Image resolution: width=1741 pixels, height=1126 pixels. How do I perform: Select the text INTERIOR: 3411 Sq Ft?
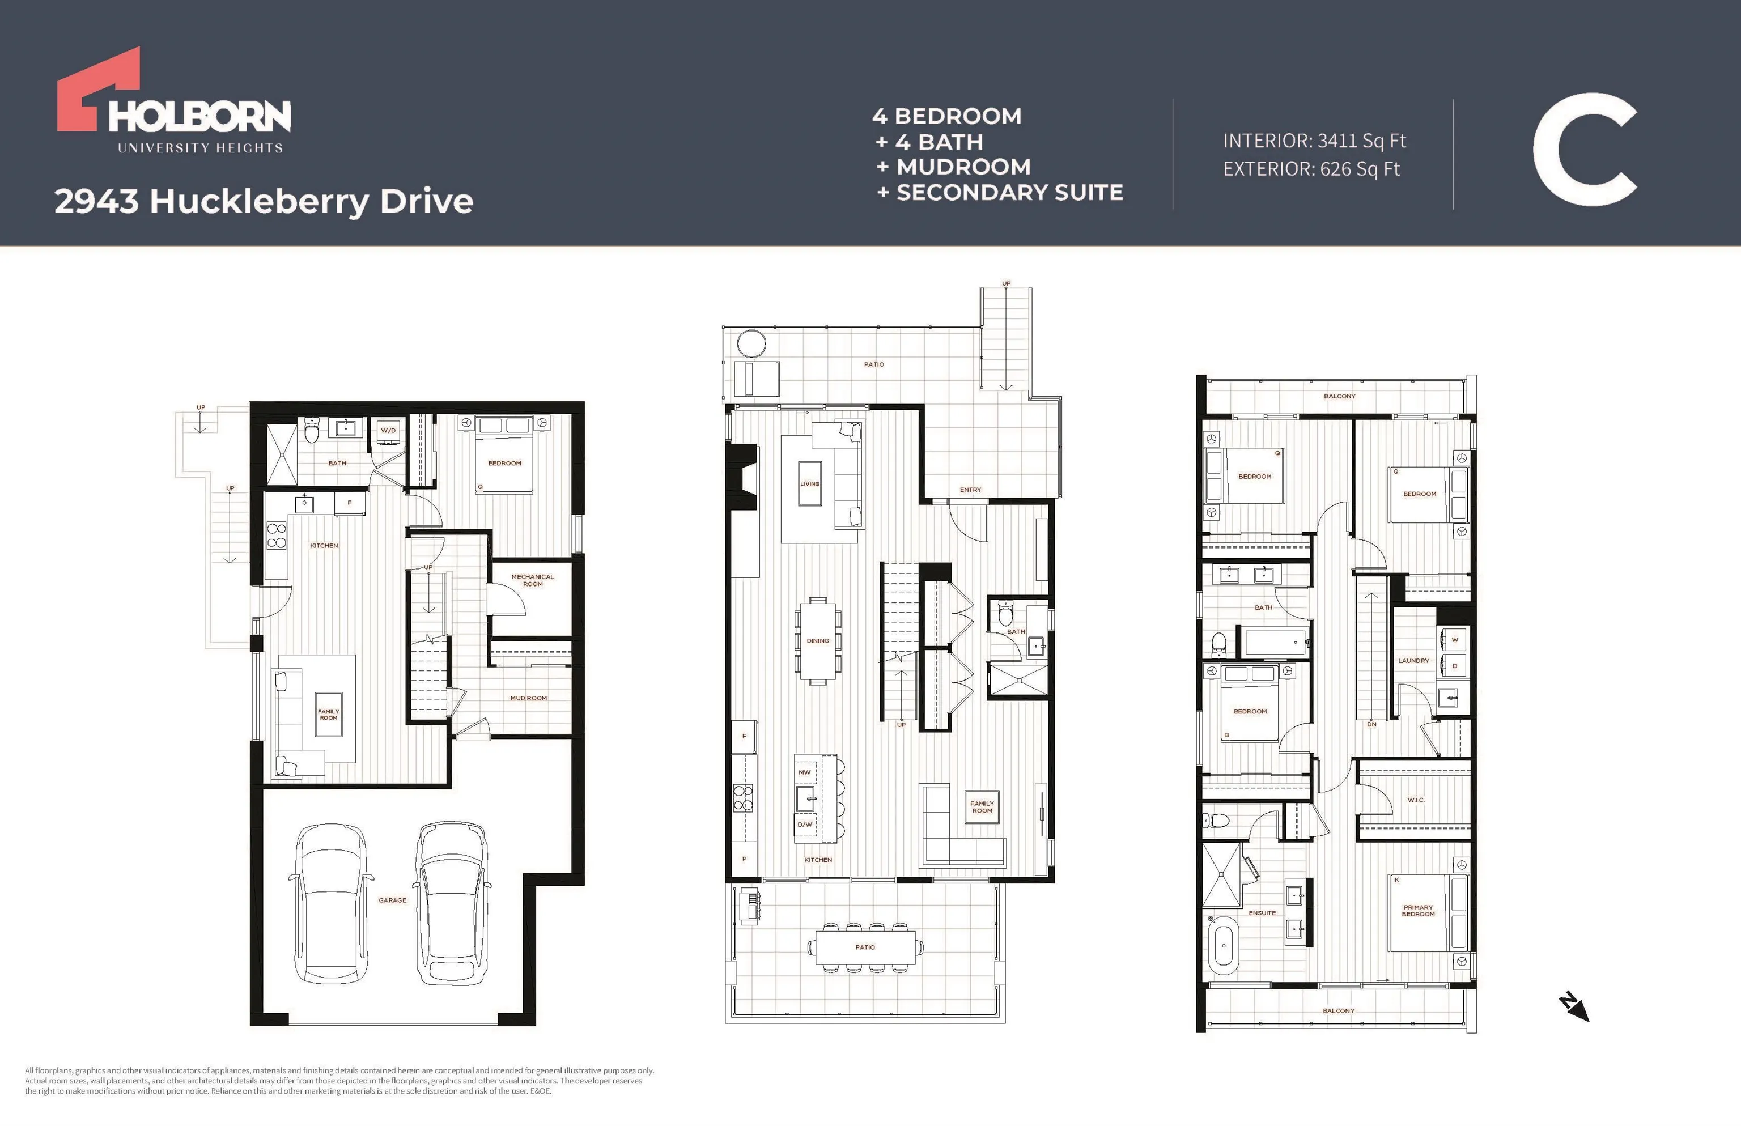tap(1314, 141)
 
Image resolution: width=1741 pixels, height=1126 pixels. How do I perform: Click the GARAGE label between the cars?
tap(393, 900)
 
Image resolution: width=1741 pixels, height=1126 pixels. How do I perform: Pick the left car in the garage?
tap(330, 904)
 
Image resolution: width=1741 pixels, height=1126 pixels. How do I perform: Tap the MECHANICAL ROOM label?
tap(532, 580)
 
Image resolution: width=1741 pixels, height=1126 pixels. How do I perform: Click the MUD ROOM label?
tap(529, 698)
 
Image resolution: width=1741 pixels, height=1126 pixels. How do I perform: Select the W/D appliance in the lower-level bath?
tap(388, 431)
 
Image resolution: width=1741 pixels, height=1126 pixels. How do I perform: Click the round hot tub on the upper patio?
tap(751, 343)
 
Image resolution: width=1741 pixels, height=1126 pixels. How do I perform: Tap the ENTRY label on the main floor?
tap(970, 490)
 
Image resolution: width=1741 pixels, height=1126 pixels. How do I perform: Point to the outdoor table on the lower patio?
tap(865, 947)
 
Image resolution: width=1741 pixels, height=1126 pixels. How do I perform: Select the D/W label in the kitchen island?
tap(804, 825)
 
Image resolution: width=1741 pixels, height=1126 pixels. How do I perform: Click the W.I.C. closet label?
tap(1416, 800)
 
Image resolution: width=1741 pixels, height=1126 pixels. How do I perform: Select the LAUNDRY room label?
tap(1413, 661)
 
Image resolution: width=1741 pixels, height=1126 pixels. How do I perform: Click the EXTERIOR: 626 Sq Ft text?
tap(1311, 169)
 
